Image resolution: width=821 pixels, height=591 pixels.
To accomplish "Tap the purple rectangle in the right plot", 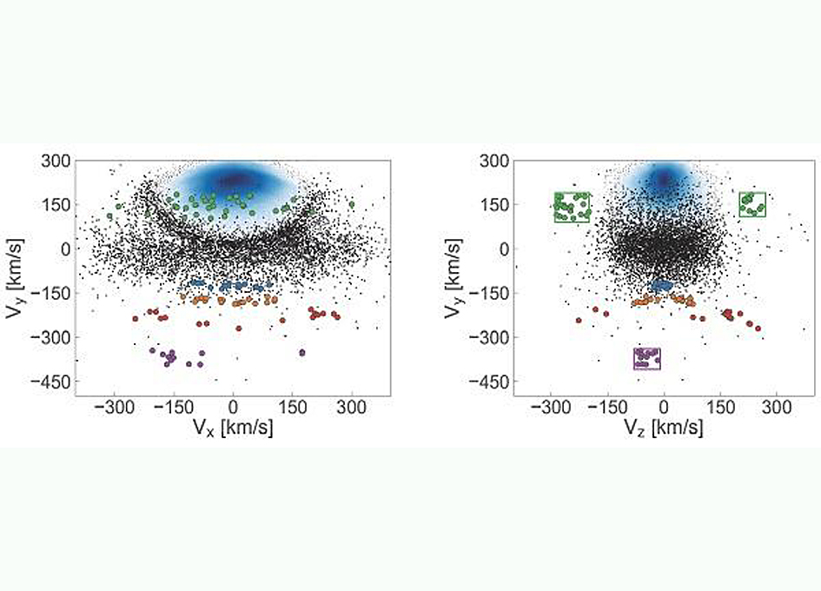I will (647, 359).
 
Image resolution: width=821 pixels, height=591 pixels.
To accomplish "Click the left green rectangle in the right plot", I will (572, 207).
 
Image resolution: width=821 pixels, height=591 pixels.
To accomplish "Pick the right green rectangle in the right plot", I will (752, 204).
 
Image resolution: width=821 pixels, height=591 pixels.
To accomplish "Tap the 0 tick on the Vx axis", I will (232, 407).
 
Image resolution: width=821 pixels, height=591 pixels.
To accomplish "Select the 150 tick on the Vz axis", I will (720, 407).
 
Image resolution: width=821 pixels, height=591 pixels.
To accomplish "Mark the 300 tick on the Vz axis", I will (777, 407).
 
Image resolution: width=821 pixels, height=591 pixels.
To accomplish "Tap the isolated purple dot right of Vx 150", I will (302, 352).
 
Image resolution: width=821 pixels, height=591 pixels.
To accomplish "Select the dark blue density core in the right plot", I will (665, 178).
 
